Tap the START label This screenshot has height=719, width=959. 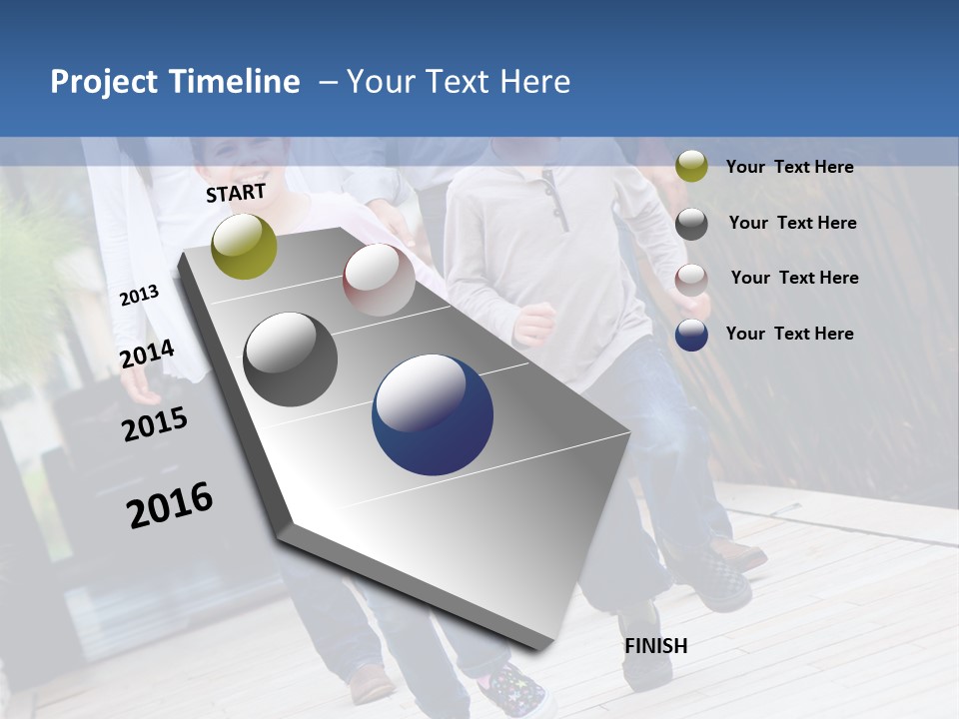point(236,193)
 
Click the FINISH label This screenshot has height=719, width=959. point(656,646)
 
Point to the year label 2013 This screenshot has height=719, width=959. point(139,296)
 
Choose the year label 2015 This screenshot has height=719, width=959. point(155,424)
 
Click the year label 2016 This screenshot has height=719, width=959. point(170,504)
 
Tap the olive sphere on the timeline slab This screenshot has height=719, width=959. point(244,246)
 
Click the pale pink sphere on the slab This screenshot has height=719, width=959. point(379,280)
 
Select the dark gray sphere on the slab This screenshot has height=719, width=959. point(291,359)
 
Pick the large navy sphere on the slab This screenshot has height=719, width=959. point(433,414)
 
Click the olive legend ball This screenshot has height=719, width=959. point(691,166)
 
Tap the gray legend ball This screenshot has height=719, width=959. point(691,224)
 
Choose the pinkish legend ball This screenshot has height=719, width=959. point(691,280)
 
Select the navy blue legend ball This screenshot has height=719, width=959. point(691,336)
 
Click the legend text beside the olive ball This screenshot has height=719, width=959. point(789,167)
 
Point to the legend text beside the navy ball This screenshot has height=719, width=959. point(789,334)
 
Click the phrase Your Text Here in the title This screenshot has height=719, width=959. point(459,82)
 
